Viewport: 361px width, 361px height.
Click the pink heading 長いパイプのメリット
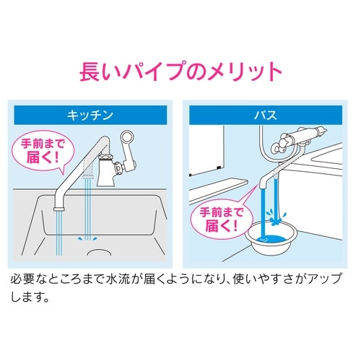point(180,71)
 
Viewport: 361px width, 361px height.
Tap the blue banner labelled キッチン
point(90,115)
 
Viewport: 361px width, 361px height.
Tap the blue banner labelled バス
point(266,115)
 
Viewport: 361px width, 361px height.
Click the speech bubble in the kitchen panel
point(43,151)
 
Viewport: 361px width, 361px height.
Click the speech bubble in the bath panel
point(222,219)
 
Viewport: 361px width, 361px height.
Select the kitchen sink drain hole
point(99,252)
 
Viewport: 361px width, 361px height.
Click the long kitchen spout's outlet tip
point(59,209)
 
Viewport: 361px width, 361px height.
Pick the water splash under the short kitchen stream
point(88,239)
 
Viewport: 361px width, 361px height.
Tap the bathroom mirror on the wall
point(206,150)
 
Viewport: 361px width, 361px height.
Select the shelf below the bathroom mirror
point(218,191)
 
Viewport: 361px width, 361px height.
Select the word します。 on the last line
point(30,297)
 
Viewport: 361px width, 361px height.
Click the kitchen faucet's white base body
point(105,174)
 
